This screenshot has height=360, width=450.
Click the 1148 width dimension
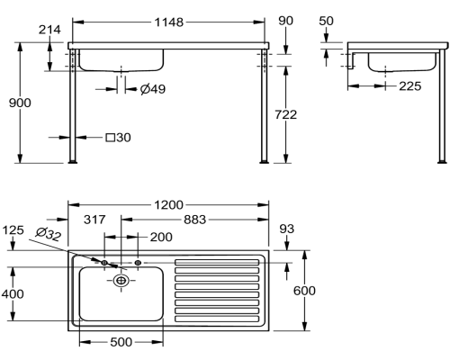(x=168, y=22)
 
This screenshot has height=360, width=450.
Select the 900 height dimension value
(x=20, y=103)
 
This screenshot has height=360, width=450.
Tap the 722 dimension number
(x=285, y=114)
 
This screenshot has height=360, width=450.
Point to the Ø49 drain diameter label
(x=153, y=89)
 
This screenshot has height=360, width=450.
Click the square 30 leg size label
(x=119, y=138)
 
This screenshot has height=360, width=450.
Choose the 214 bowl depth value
(x=49, y=30)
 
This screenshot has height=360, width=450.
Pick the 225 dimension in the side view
(x=410, y=86)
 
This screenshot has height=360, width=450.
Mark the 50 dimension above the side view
(x=326, y=21)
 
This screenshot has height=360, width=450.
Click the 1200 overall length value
(x=168, y=205)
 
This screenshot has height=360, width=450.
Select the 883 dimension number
(x=195, y=220)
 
